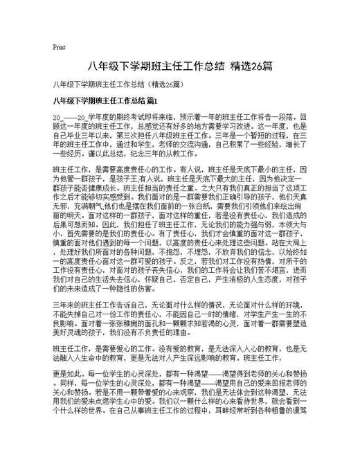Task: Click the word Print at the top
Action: point(59,48)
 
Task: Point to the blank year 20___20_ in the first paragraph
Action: point(71,118)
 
